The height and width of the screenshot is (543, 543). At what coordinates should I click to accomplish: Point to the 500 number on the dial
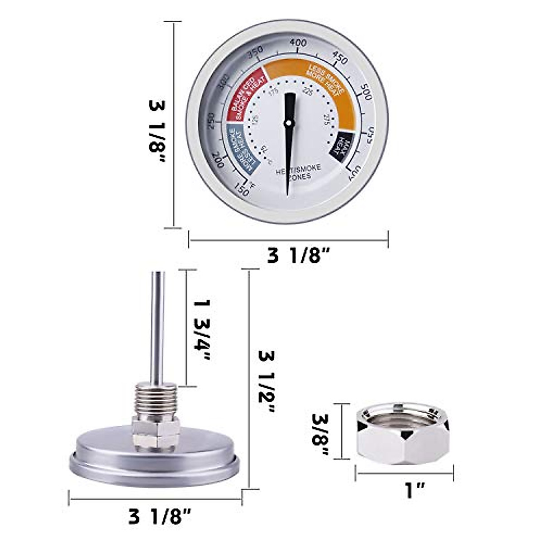pyautogui.click(x=364, y=94)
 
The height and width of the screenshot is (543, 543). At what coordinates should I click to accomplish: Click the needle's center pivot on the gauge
pyautogui.click(x=288, y=123)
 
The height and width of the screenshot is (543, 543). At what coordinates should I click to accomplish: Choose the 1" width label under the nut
pyautogui.click(x=409, y=490)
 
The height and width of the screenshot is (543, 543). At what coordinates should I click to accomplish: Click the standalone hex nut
pyautogui.click(x=404, y=434)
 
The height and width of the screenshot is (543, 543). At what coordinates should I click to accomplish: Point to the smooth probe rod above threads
pyautogui.click(x=157, y=326)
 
